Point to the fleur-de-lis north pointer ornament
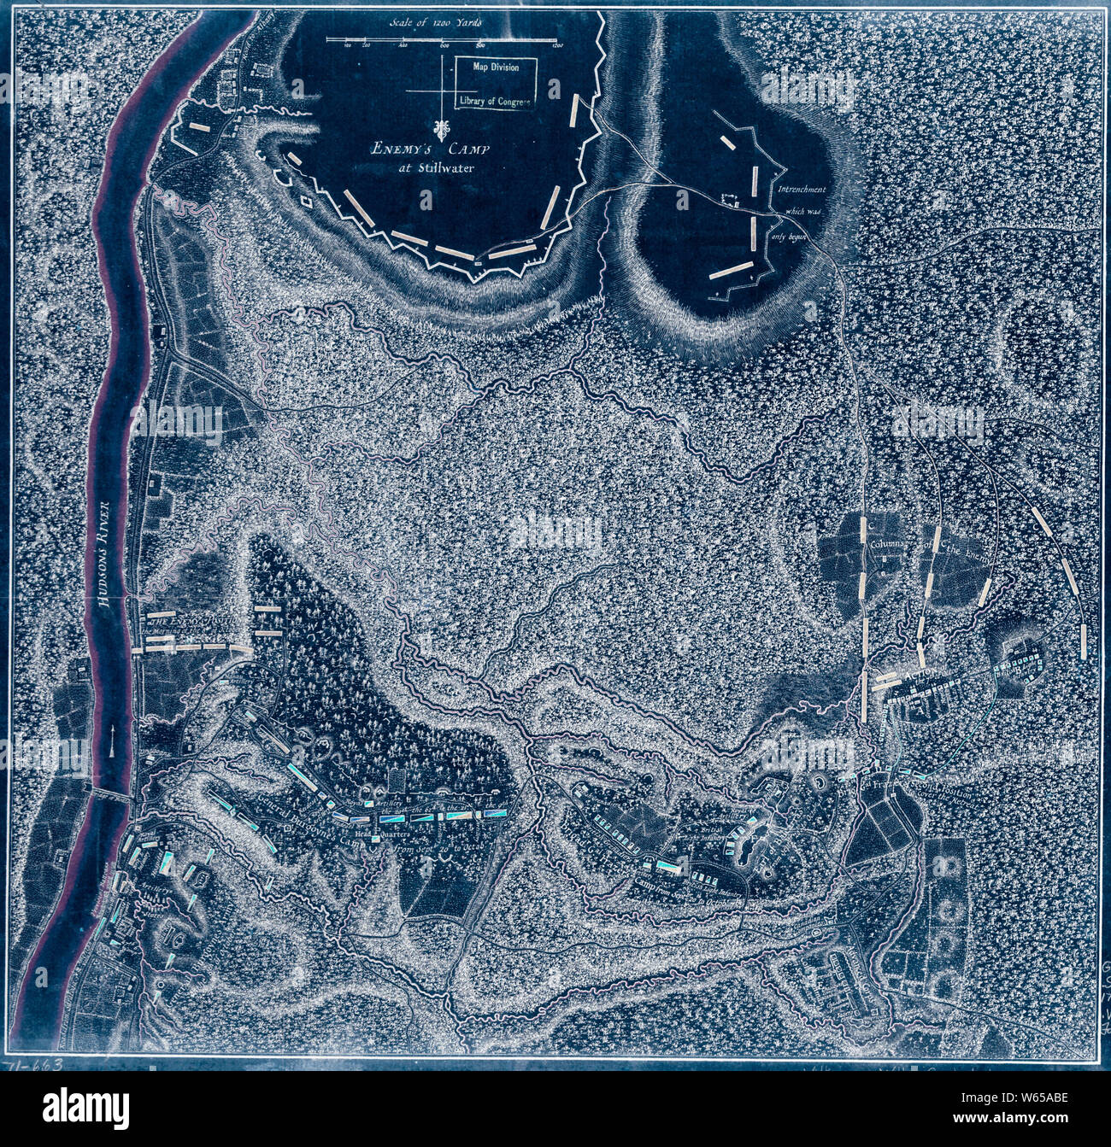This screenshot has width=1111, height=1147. [441, 131]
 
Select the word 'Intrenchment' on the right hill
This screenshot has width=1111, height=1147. [799, 190]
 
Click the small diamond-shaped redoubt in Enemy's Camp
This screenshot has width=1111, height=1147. [305, 203]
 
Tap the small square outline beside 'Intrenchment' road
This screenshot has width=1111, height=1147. [731, 201]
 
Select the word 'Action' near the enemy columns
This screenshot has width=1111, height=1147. [921, 675]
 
